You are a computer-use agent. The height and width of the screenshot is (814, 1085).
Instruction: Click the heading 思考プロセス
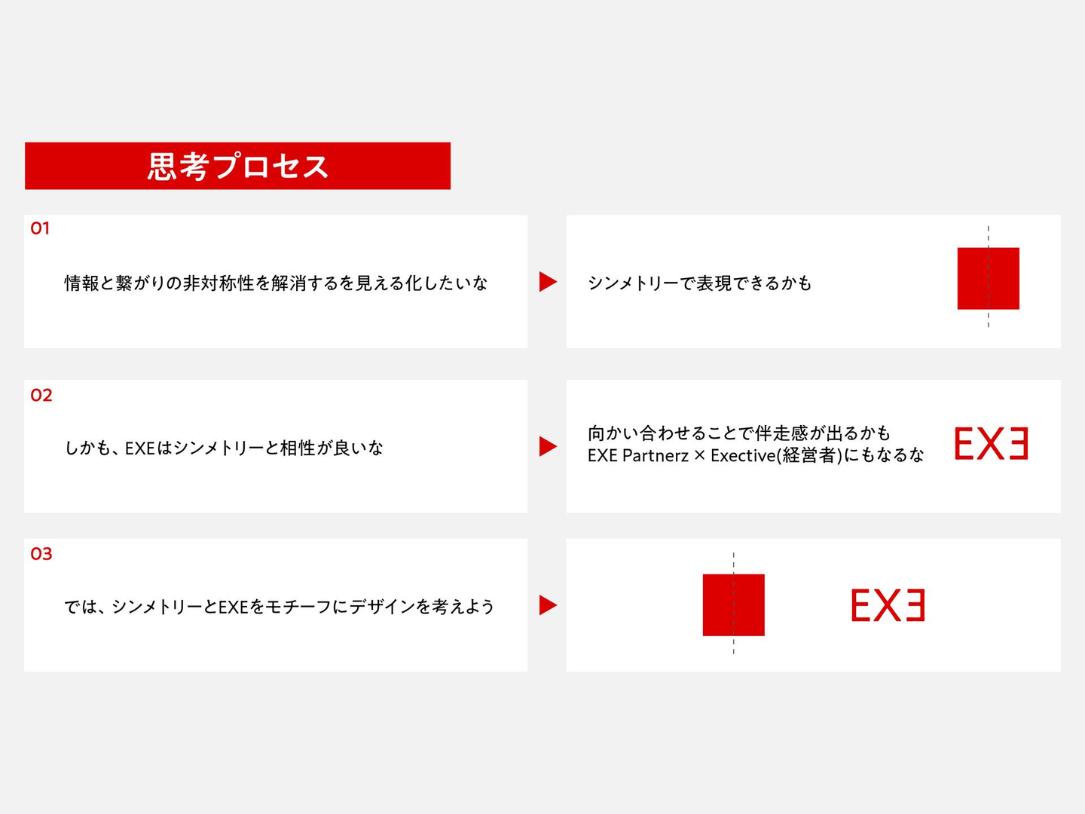tap(238, 166)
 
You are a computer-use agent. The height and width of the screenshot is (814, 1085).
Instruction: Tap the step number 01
tap(39, 228)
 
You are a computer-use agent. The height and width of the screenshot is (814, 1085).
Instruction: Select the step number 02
tap(41, 395)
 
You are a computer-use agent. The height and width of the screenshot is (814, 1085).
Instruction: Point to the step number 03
tap(41, 553)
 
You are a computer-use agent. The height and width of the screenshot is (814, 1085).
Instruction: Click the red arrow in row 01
tap(548, 282)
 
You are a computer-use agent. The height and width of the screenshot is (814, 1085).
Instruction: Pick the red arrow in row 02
tap(548, 446)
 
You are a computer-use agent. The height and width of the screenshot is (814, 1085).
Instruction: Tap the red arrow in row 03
tap(548, 605)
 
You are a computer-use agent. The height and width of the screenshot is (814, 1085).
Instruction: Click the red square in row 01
tap(988, 279)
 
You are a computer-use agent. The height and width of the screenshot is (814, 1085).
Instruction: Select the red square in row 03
tap(734, 605)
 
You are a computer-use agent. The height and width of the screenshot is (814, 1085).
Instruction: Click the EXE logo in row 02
tap(991, 443)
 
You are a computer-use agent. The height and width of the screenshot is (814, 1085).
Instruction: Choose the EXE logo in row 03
tap(888, 605)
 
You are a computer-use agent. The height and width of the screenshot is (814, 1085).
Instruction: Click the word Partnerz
tap(656, 456)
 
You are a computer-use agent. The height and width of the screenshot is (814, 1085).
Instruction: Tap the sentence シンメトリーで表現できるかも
tap(699, 283)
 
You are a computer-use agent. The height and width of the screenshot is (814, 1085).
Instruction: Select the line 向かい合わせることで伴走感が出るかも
tap(739, 433)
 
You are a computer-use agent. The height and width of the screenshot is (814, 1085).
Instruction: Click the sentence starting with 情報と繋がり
tap(276, 283)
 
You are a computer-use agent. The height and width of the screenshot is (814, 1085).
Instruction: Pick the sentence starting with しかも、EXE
tap(224, 448)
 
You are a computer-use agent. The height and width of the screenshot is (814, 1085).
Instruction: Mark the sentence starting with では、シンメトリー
tap(280, 607)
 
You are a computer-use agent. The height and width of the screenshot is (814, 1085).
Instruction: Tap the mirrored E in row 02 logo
tap(1018, 443)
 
